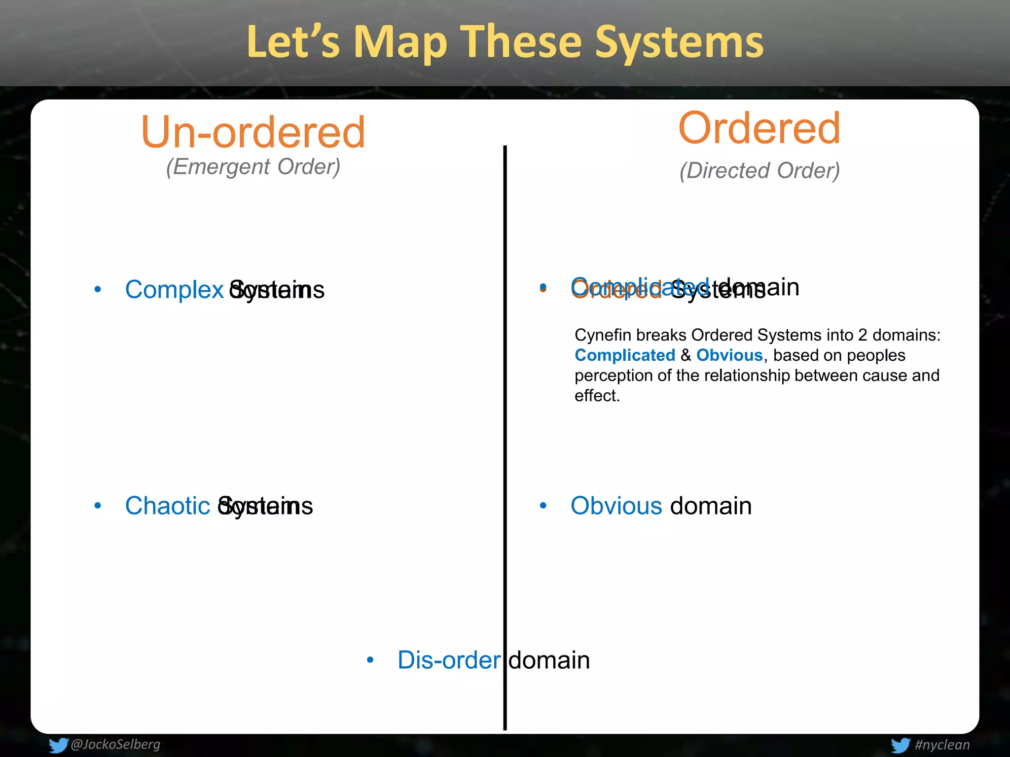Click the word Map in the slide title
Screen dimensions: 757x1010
[400, 43]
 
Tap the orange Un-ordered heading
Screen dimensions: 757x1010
[253, 132]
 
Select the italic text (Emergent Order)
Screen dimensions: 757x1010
[253, 167]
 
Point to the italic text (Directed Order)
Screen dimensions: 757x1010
[759, 171]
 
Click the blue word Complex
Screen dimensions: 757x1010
[175, 290]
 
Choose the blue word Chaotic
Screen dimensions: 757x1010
[168, 506]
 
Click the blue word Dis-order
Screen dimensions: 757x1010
[449, 660]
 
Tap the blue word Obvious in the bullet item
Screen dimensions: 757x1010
[616, 506]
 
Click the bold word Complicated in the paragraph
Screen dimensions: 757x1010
[625, 355]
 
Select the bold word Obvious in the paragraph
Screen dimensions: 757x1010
[729, 355]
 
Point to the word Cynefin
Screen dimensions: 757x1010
[603, 335]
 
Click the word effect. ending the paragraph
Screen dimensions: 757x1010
[597, 396]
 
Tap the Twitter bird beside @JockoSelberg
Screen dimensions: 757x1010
[58, 745]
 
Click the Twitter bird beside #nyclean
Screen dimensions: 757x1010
[900, 745]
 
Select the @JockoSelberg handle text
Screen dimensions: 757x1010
[115, 744]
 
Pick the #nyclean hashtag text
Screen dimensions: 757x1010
[942, 745]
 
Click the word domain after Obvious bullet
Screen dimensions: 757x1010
[711, 506]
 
